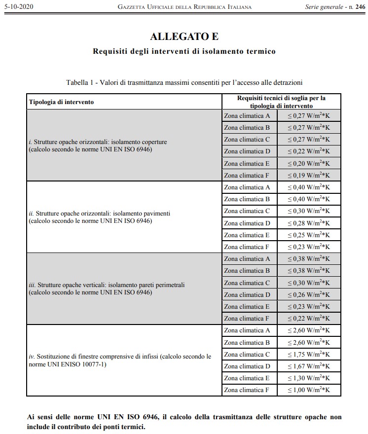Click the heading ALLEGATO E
point(184,36)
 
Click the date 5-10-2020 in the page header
point(17,7)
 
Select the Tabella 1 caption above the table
point(184,82)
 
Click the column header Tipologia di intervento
point(61,102)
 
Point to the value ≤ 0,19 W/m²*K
point(309,175)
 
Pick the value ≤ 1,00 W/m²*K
point(309,390)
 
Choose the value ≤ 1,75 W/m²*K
point(309,354)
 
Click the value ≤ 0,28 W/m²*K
point(309,223)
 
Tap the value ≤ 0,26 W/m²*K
point(309,294)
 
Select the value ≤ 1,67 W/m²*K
point(309,366)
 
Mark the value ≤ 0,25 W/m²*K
point(309,235)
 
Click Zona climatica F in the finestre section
point(247,390)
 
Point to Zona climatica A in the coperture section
point(247,115)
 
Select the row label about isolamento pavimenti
point(99,217)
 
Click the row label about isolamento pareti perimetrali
point(107,289)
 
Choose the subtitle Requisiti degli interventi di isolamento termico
point(184,51)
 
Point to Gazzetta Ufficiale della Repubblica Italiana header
point(185,7)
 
